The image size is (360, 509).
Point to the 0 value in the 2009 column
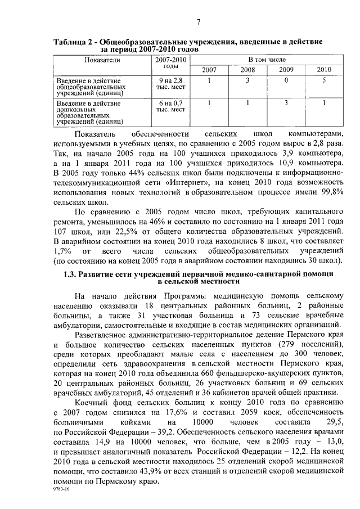point(286,80)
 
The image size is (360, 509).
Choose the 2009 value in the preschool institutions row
point(286,102)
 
